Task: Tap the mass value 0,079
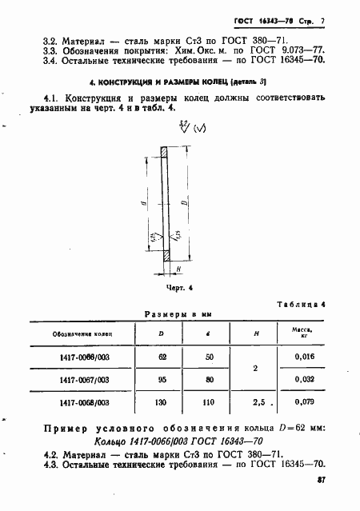point(302,403)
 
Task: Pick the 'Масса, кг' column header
point(302,331)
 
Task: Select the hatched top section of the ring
point(163,152)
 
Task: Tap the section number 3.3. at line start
point(50,50)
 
